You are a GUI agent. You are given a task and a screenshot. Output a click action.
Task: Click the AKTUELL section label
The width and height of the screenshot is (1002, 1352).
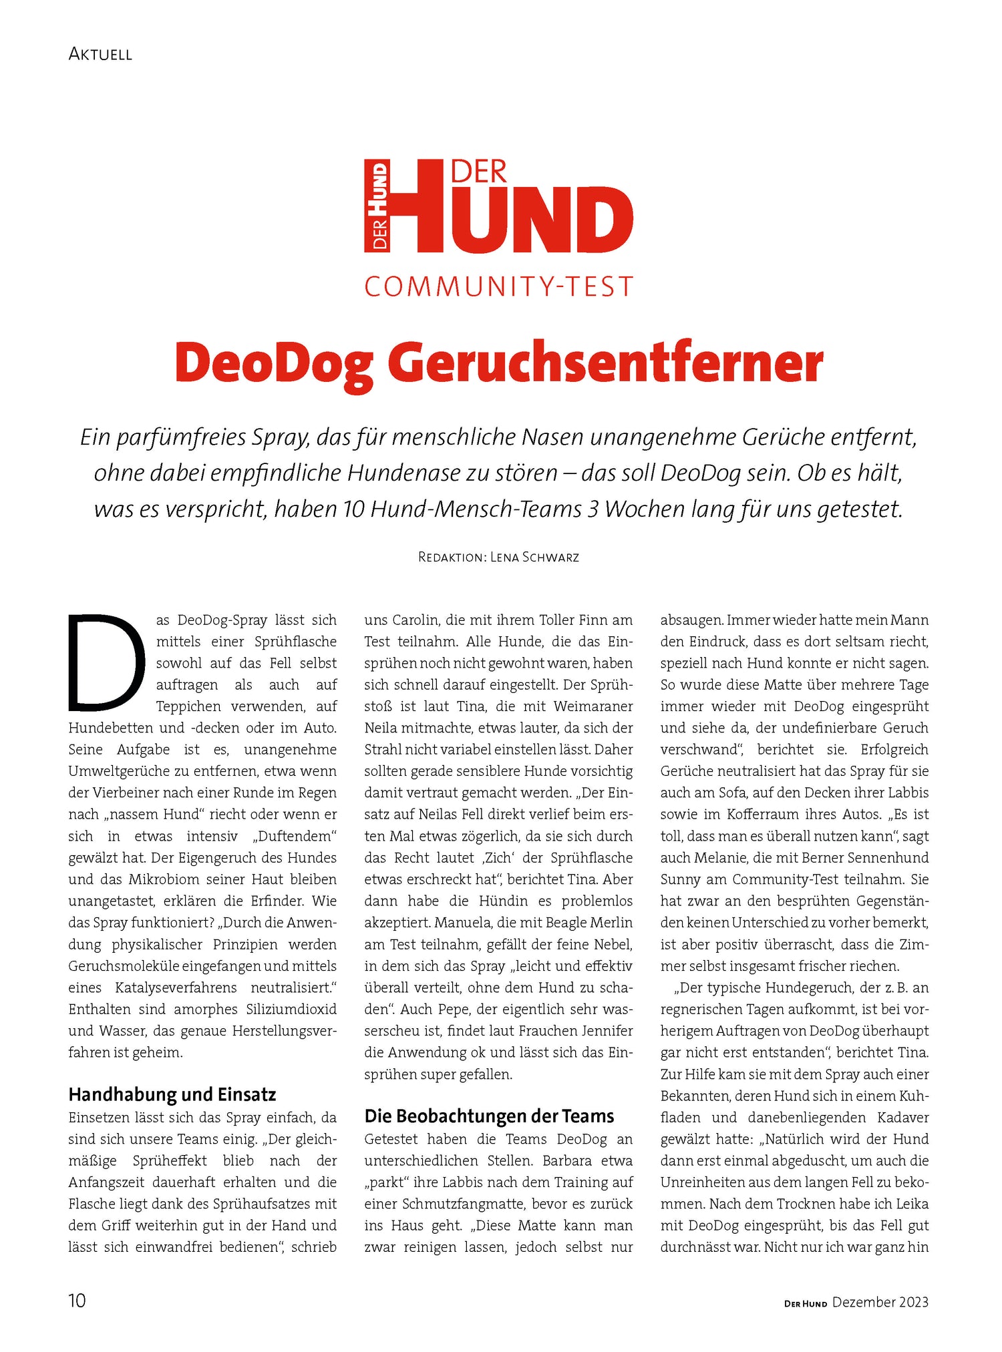[x=100, y=54]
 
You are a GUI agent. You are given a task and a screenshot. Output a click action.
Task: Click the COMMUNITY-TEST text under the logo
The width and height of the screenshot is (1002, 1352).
[x=498, y=286]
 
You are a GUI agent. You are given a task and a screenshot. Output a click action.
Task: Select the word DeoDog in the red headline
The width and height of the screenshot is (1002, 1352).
[x=274, y=364]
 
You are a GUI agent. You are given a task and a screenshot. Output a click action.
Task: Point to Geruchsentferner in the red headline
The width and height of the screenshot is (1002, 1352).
[x=605, y=364]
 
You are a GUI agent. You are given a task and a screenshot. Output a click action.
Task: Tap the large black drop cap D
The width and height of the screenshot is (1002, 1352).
[x=107, y=662]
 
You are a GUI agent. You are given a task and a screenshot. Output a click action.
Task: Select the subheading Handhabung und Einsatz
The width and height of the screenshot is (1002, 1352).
[x=172, y=1094]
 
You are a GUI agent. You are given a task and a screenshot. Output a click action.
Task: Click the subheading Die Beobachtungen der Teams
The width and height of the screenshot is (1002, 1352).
[x=489, y=1116]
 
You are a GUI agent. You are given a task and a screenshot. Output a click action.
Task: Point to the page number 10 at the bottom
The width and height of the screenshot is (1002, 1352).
[x=77, y=1301]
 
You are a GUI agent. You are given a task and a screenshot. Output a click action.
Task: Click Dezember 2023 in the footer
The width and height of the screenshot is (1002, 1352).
[x=880, y=1302]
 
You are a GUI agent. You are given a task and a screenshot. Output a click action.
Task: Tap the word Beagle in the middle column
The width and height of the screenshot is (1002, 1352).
[x=566, y=922]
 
